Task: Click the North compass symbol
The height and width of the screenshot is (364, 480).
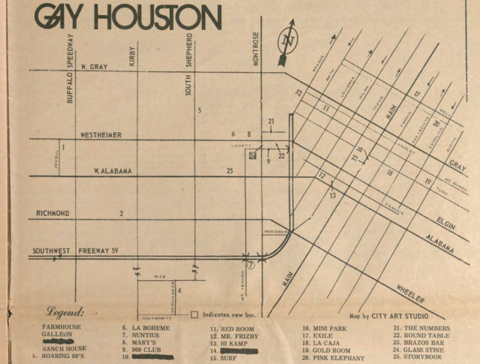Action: click(x=287, y=41)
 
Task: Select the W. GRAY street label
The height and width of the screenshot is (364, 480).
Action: click(x=93, y=67)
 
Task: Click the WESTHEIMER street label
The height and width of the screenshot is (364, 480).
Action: click(x=101, y=135)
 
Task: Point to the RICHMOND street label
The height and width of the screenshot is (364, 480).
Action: click(x=52, y=214)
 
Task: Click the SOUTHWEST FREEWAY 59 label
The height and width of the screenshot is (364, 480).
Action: click(x=75, y=251)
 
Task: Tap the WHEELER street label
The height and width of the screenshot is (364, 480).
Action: click(x=411, y=293)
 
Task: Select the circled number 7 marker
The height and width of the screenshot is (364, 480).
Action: click(x=251, y=265)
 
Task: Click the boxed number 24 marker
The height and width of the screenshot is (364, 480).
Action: click(x=253, y=156)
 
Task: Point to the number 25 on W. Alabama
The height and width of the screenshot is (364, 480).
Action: click(x=230, y=171)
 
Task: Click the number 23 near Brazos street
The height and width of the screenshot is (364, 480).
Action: click(x=299, y=93)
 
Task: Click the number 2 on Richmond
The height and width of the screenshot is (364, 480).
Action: click(x=121, y=214)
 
